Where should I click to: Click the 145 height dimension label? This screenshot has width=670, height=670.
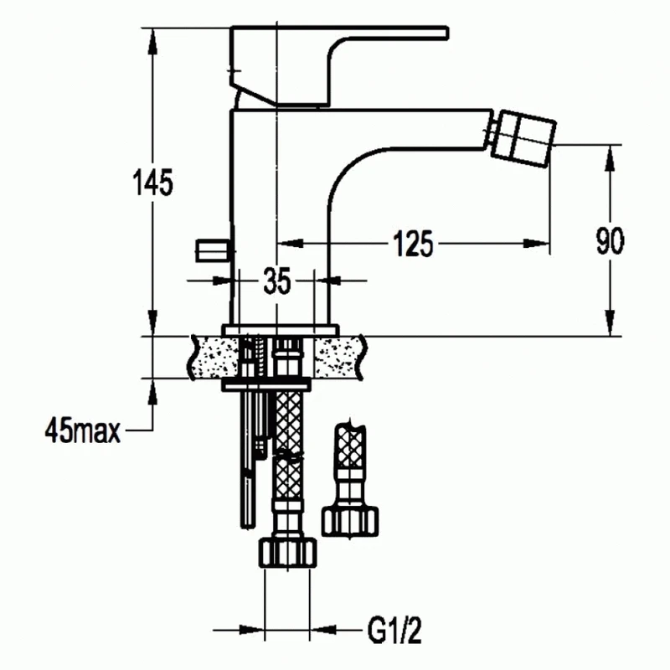[x=153, y=182]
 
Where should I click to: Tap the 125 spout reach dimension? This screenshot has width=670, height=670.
[x=413, y=244]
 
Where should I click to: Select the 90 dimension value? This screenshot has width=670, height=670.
[x=610, y=241]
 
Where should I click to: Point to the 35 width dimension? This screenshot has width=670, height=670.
[x=277, y=281]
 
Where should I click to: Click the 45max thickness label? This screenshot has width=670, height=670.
[x=82, y=430]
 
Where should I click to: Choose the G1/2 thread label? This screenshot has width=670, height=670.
[x=394, y=631]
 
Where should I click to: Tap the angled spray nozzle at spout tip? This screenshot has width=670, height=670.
[x=522, y=138]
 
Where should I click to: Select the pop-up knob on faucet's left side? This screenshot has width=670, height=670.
[x=214, y=250]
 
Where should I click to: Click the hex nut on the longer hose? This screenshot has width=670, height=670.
[x=287, y=554]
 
